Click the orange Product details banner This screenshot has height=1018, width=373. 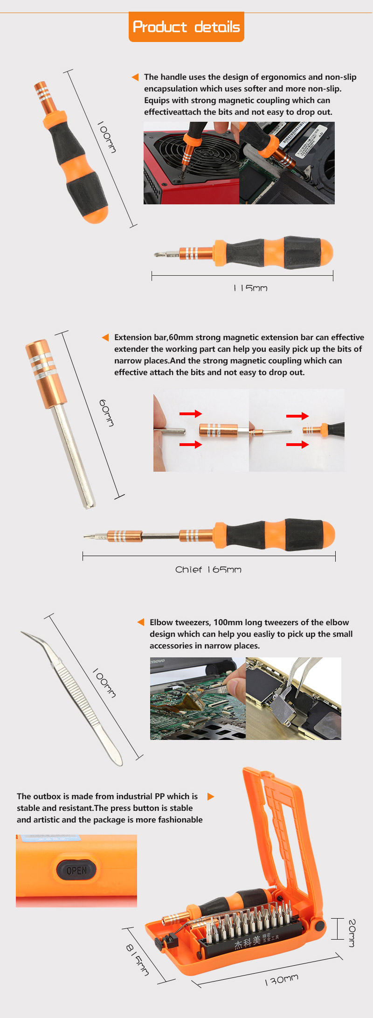186,27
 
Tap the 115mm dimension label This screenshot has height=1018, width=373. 250,288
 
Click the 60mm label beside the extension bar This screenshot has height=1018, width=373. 107,412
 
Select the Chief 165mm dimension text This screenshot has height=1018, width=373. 208,570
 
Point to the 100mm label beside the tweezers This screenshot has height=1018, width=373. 104,683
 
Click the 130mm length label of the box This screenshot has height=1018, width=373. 281,979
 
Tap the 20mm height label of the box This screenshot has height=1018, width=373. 352,933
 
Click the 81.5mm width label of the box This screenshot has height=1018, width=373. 138,960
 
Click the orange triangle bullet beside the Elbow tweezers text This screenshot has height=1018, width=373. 141,622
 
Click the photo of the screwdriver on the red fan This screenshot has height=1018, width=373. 191,163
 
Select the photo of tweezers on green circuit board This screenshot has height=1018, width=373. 198,698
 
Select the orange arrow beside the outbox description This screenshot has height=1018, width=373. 211,796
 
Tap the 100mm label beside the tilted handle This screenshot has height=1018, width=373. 107,137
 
